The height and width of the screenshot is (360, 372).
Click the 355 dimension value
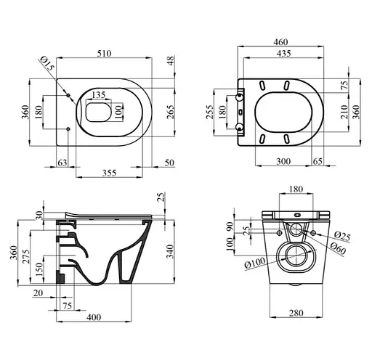tap(109, 173)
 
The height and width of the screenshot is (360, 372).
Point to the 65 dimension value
tap(318, 160)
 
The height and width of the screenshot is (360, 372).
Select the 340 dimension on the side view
tap(170, 253)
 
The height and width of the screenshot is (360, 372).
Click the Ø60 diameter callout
tap(336, 249)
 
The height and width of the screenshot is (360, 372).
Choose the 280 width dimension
tap(295, 314)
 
